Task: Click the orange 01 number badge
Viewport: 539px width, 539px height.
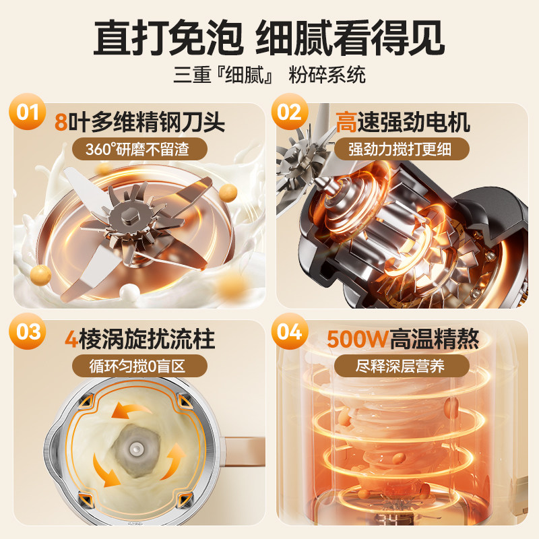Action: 28,111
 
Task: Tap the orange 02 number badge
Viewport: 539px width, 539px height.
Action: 289,111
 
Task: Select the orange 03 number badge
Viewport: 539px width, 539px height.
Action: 28,332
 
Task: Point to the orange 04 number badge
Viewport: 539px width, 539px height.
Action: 289,333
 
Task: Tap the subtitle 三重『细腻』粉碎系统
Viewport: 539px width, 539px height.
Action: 269,74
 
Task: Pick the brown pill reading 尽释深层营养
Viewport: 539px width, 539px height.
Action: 402,368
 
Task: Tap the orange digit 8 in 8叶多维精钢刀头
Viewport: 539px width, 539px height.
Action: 61,123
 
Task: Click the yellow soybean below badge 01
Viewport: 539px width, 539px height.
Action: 42,274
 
